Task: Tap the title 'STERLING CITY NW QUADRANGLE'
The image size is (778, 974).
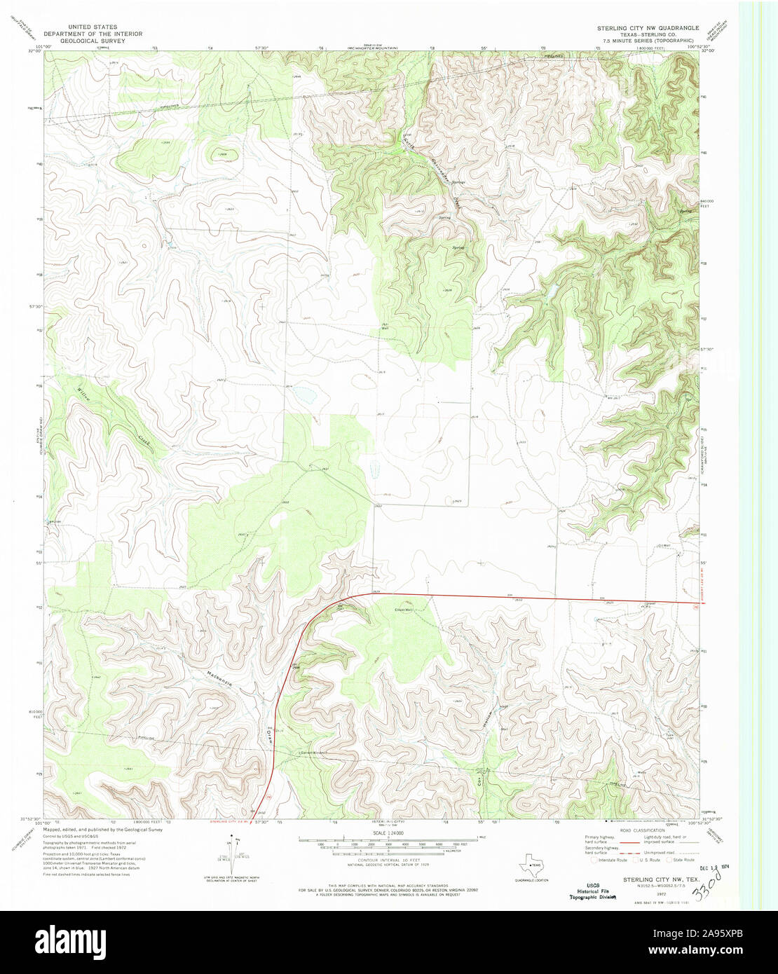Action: (x=647, y=27)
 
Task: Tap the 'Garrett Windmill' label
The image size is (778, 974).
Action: (x=313, y=753)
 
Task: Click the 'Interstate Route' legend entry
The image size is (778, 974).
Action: (x=610, y=859)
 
